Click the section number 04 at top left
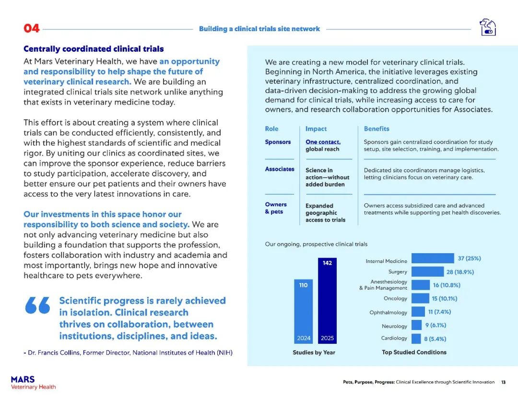(32, 28)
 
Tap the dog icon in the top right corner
(487, 27)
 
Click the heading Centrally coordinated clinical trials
(94, 49)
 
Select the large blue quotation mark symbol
(37, 305)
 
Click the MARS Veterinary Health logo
(33, 383)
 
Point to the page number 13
(503, 382)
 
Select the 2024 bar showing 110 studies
(304, 312)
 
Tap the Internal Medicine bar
(433, 259)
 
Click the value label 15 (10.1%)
(444, 298)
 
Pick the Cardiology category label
(394, 338)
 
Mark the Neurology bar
(416, 326)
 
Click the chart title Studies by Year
(314, 353)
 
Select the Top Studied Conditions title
(414, 353)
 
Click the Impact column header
(316, 129)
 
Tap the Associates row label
(280, 169)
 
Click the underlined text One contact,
(323, 142)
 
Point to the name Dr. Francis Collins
(54, 353)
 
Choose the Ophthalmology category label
(388, 313)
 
